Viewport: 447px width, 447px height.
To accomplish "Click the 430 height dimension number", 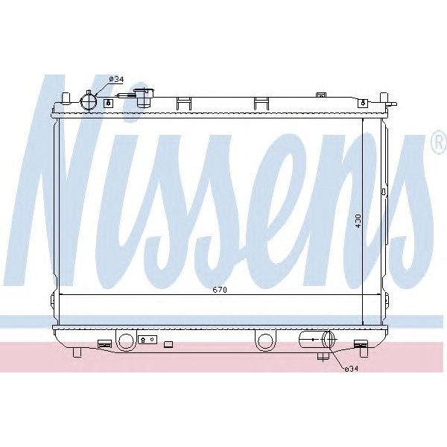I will coord(358,221).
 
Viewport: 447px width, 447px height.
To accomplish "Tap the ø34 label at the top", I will coord(116,79).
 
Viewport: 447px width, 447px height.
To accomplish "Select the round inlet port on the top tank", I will coord(89,101).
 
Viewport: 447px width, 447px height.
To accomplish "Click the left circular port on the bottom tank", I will coord(125,341).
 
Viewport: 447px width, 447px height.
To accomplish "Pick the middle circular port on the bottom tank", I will coord(264,341).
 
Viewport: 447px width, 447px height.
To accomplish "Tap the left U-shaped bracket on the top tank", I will coord(183,102).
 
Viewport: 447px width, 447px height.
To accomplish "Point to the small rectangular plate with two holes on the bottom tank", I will coord(148,340).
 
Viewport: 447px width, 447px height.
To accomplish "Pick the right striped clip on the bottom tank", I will coord(361,343).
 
